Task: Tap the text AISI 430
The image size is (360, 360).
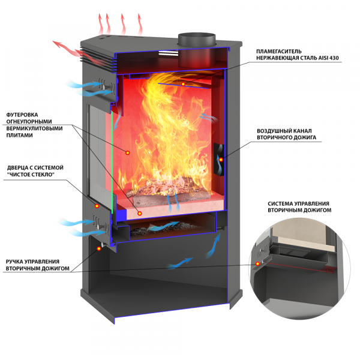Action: (329, 58)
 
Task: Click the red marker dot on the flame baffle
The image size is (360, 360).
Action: (183, 84)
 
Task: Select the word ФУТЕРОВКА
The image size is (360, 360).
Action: (22, 115)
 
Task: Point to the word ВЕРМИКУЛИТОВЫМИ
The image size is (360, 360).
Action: (34, 128)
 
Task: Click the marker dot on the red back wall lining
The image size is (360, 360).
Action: (128, 152)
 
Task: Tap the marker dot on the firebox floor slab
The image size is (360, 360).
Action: (140, 213)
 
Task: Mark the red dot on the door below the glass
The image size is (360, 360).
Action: (97, 206)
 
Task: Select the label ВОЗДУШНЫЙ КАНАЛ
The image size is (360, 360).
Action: (284, 131)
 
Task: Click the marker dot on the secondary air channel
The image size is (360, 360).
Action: (221, 160)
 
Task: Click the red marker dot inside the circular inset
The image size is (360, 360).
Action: (257, 263)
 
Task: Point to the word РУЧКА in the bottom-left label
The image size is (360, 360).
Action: (14, 262)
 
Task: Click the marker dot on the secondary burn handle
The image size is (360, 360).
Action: (99, 248)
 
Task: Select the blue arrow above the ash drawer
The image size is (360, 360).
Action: (163, 226)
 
